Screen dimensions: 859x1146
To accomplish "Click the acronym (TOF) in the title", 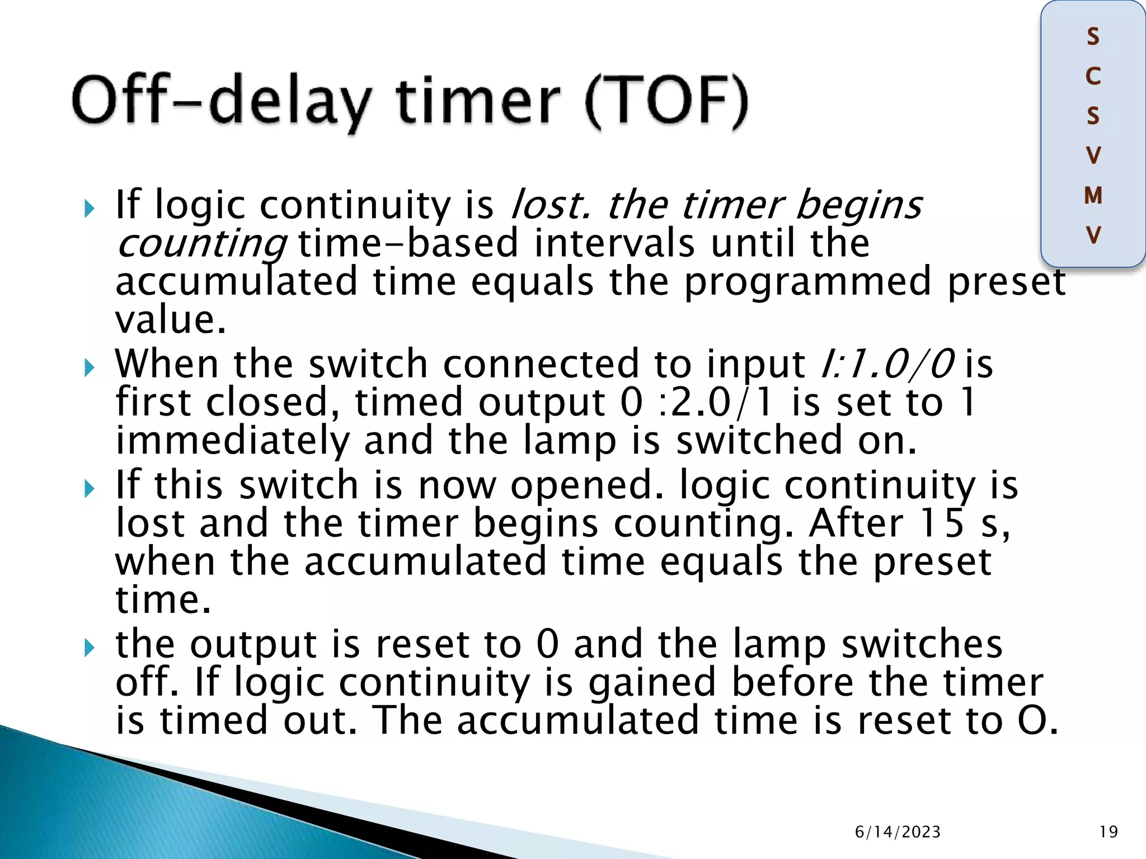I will (x=666, y=102).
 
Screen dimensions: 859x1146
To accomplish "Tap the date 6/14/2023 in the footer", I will (x=898, y=832).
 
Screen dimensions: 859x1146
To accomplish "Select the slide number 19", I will (x=1109, y=832).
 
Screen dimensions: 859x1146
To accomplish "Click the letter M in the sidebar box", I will (x=1093, y=196).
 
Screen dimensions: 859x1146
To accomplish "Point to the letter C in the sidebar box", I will (x=1093, y=77).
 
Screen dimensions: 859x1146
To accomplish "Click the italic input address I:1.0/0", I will (x=887, y=364).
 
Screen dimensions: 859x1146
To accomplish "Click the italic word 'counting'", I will (x=201, y=244).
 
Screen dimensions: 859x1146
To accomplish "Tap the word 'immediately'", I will (x=232, y=440).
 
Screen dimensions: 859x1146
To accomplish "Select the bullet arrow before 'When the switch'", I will (x=89, y=368).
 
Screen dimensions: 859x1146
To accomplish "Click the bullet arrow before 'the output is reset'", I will (x=89, y=648).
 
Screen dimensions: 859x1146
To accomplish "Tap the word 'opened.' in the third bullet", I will (x=586, y=485).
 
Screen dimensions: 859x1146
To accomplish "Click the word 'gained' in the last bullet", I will (x=652, y=682).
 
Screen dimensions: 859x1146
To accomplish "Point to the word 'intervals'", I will (x=614, y=244).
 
